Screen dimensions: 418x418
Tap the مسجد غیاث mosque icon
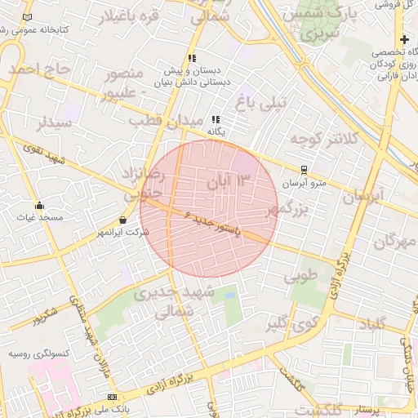pos(39,205)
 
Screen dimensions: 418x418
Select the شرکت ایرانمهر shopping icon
pos(122,220)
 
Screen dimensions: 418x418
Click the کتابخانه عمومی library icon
pos(29,17)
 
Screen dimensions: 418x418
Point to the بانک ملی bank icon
pos(112,397)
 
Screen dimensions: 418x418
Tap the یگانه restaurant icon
pos(216,119)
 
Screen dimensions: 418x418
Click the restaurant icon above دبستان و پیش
pos(192,59)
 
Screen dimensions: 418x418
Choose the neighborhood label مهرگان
pos(395,242)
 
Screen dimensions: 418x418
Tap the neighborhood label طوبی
pos(299,277)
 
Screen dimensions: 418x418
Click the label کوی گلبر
pos(288,324)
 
